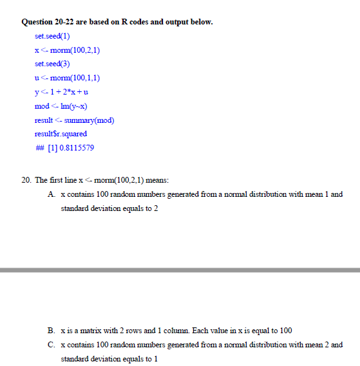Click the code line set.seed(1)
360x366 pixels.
point(52,36)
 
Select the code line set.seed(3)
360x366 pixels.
point(52,64)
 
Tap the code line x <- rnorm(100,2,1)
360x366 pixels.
point(67,50)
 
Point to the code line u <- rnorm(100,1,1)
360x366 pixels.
point(67,78)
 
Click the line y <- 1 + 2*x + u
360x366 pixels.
point(61,92)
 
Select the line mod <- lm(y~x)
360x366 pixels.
point(61,105)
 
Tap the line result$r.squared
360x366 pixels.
point(61,134)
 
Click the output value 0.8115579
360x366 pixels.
point(76,148)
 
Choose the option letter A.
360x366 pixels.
point(52,194)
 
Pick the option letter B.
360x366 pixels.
point(52,330)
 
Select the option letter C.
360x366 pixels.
point(52,344)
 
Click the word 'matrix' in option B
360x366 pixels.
point(84,330)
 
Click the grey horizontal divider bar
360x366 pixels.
point(180,270)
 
